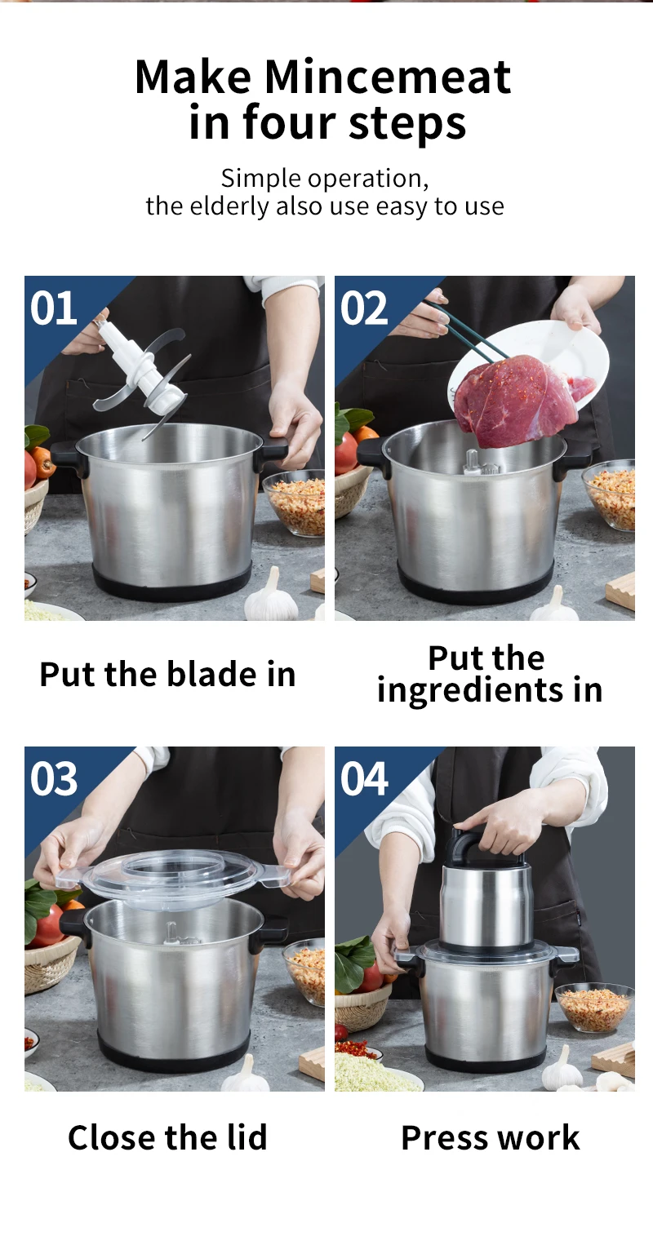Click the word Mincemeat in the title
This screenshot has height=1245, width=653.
[388, 78]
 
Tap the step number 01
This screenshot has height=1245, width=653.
[53, 309]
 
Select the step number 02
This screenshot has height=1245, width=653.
[363, 309]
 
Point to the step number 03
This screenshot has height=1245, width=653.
[54, 779]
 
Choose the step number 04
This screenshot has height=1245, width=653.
[364, 779]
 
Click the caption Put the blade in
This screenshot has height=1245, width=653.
[167, 675]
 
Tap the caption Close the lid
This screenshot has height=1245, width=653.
[167, 1137]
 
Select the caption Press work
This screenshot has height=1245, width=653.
[490, 1137]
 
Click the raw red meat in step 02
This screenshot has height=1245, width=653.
[514, 401]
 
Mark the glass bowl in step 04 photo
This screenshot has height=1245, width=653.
[593, 1008]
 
